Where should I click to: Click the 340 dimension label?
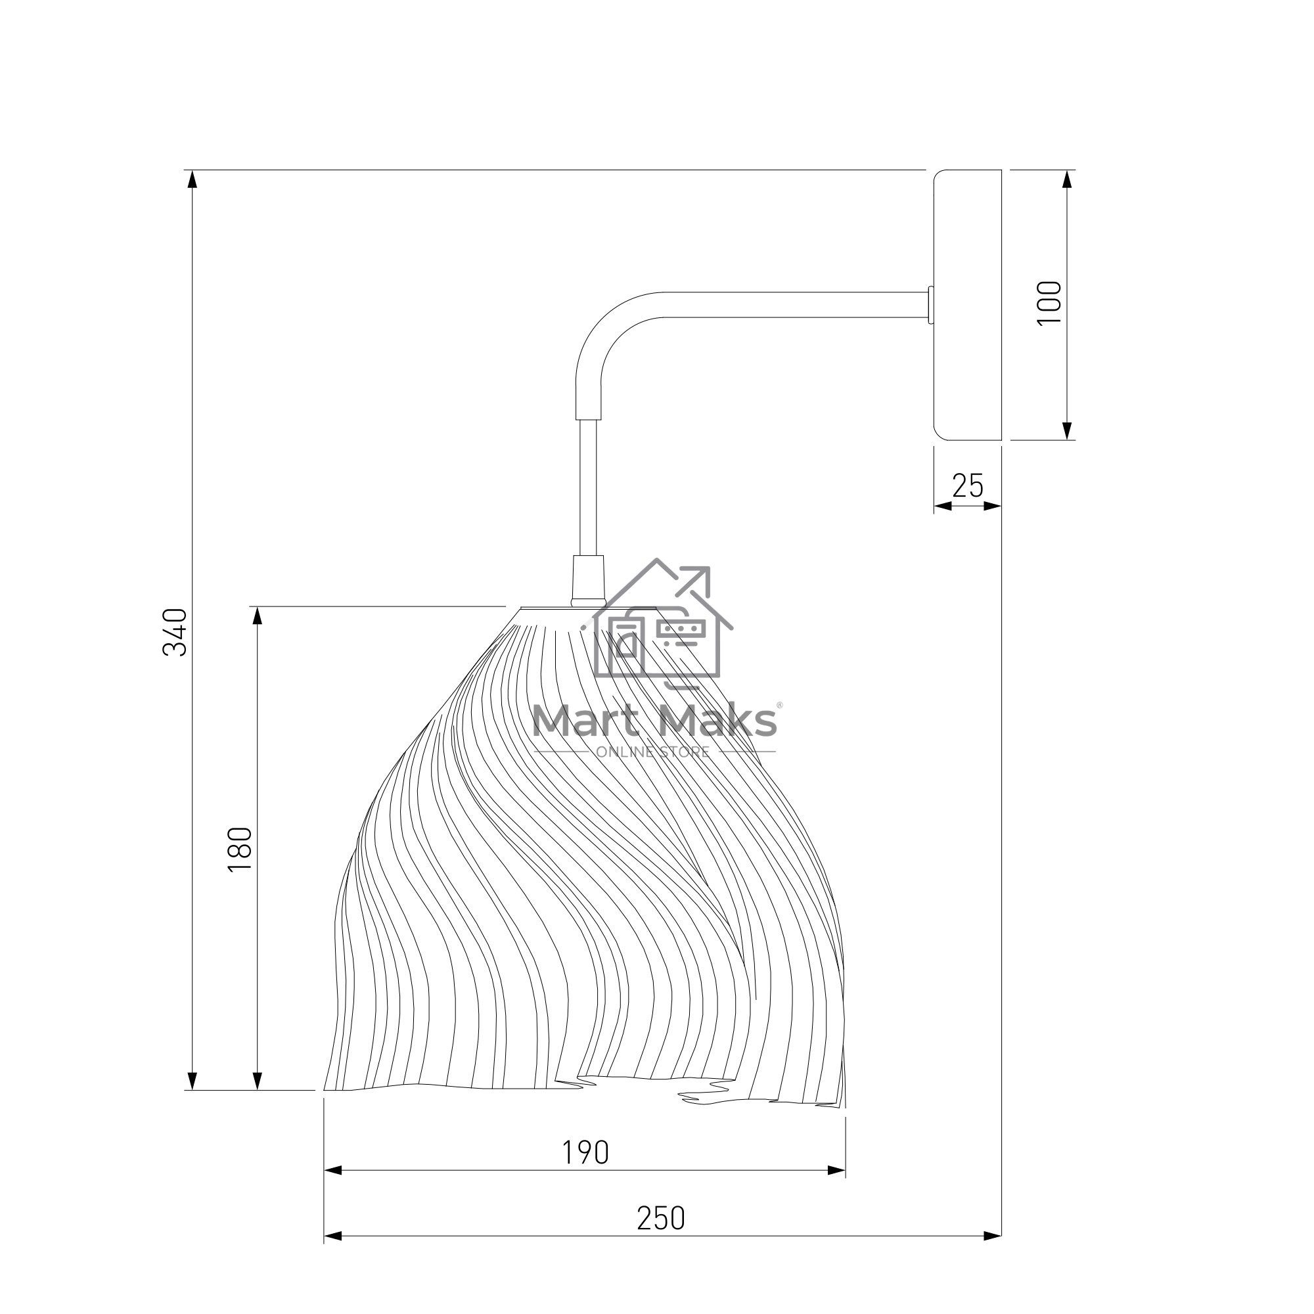[x=175, y=633]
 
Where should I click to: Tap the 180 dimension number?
[x=240, y=850]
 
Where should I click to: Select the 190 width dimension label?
[x=585, y=1152]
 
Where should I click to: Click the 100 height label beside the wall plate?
[x=1049, y=304]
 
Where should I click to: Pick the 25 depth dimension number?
[x=967, y=486]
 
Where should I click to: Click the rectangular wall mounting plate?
[x=968, y=305]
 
